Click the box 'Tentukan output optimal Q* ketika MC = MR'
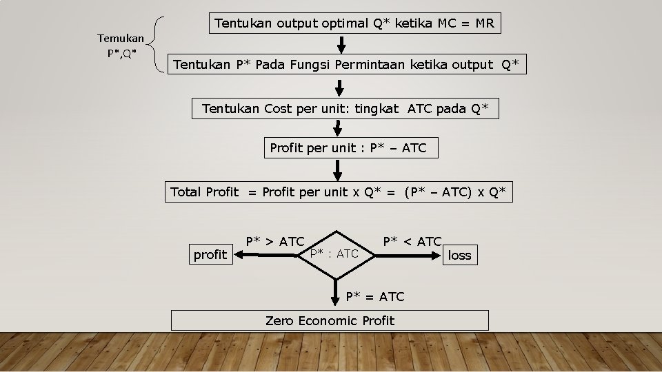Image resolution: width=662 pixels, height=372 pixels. click(354, 23)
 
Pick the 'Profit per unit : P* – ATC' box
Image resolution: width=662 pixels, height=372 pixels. click(350, 148)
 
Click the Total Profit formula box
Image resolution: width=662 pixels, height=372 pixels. click(339, 192)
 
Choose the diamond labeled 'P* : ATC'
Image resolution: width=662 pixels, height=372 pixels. click(334, 254)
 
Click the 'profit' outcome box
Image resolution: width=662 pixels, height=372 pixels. click(210, 256)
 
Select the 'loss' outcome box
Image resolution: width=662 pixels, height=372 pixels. click(459, 256)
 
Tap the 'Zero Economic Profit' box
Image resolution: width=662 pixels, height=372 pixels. click(330, 320)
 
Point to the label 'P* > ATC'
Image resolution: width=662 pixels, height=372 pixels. click(275, 242)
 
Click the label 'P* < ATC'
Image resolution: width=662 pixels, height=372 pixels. click(412, 242)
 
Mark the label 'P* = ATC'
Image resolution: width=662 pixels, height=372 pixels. click(375, 297)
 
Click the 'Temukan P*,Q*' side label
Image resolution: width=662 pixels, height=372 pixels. click(121, 45)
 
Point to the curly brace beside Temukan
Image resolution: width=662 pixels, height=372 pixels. click(160, 45)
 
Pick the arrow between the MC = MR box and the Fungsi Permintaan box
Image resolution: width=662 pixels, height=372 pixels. click(340, 44)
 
